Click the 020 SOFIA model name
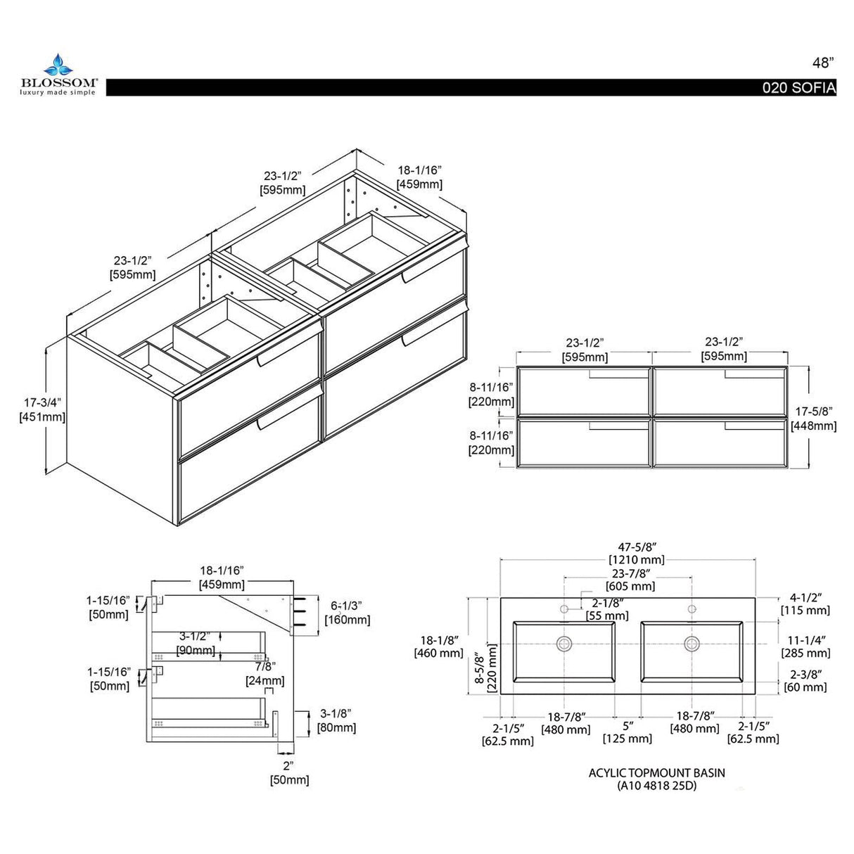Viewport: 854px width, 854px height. [x=800, y=88]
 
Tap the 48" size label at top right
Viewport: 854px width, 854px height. [x=822, y=62]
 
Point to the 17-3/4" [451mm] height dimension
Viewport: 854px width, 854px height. [x=42, y=409]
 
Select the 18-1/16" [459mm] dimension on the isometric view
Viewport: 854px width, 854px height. [x=419, y=177]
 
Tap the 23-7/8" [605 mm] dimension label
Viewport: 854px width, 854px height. [x=630, y=579]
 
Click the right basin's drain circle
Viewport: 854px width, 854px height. [x=692, y=643]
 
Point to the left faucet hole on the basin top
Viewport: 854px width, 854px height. [x=564, y=608]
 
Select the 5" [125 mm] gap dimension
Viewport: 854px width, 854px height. [x=627, y=732]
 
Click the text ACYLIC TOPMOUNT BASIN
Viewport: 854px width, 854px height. [x=656, y=772]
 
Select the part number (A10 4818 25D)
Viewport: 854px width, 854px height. [x=656, y=786]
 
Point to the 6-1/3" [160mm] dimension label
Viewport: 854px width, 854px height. [x=347, y=612]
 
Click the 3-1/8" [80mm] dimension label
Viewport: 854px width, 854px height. [x=336, y=720]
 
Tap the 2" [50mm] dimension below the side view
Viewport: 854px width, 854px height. [x=288, y=772]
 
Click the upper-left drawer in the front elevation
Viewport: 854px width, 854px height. [x=583, y=391]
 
